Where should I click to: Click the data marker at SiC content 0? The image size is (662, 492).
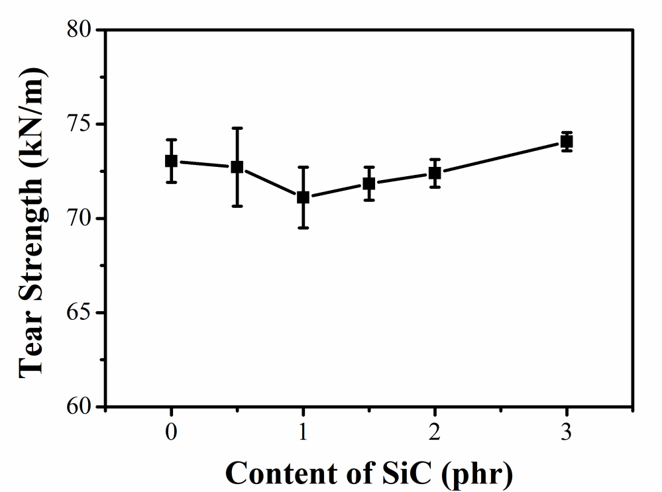click(x=171, y=161)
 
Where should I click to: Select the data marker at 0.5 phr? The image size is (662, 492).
click(x=237, y=167)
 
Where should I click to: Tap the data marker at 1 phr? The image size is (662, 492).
click(x=303, y=197)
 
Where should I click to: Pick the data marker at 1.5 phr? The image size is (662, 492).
click(x=369, y=183)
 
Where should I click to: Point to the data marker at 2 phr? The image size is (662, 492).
click(x=435, y=173)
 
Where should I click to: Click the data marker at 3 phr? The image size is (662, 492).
click(x=567, y=141)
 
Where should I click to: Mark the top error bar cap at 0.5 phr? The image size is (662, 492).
click(x=237, y=128)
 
